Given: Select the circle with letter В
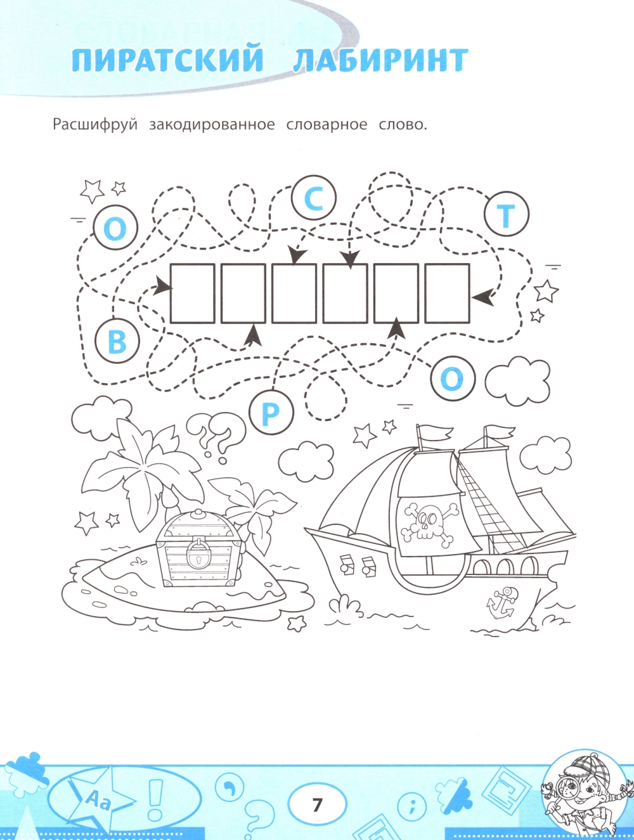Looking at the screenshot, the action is tap(117, 340).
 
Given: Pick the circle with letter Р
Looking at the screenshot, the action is tap(271, 413).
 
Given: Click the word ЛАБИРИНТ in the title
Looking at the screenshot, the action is tap(380, 60).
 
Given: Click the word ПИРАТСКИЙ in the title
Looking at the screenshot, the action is tap(167, 60).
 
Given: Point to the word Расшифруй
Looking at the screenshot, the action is tap(95, 126).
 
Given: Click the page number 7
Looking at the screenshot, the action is tap(317, 805).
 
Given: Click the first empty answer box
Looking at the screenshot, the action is tap(192, 293).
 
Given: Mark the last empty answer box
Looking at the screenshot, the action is tap(447, 293).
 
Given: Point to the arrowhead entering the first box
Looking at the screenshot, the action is tap(162, 287).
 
